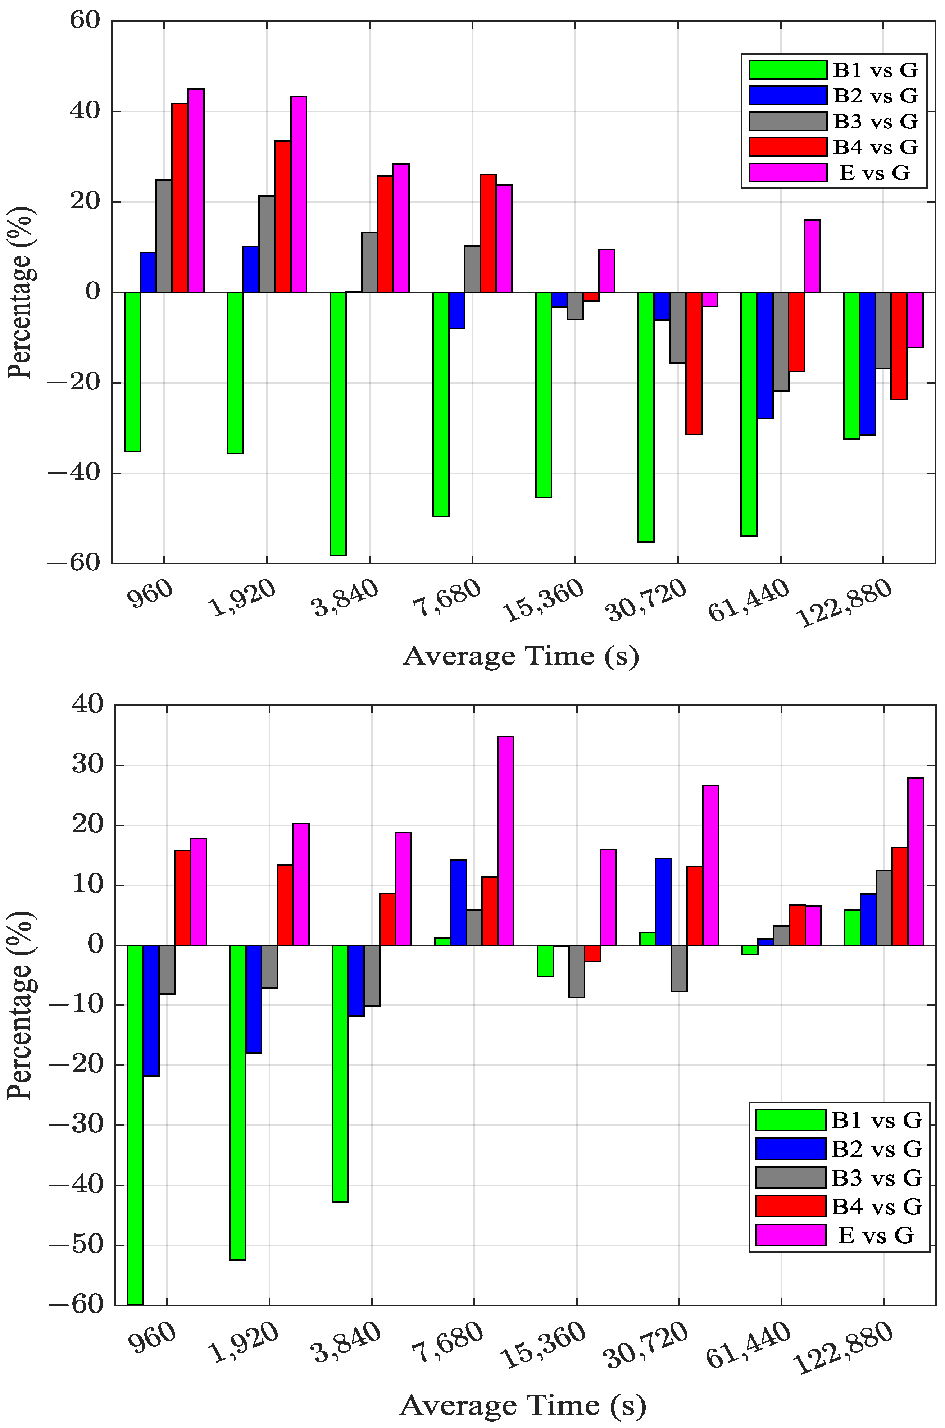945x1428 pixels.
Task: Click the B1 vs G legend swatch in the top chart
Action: tap(788, 70)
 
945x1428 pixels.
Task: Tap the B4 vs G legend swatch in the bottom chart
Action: tap(790, 1206)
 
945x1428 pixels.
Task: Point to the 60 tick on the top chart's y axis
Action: tap(85, 20)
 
